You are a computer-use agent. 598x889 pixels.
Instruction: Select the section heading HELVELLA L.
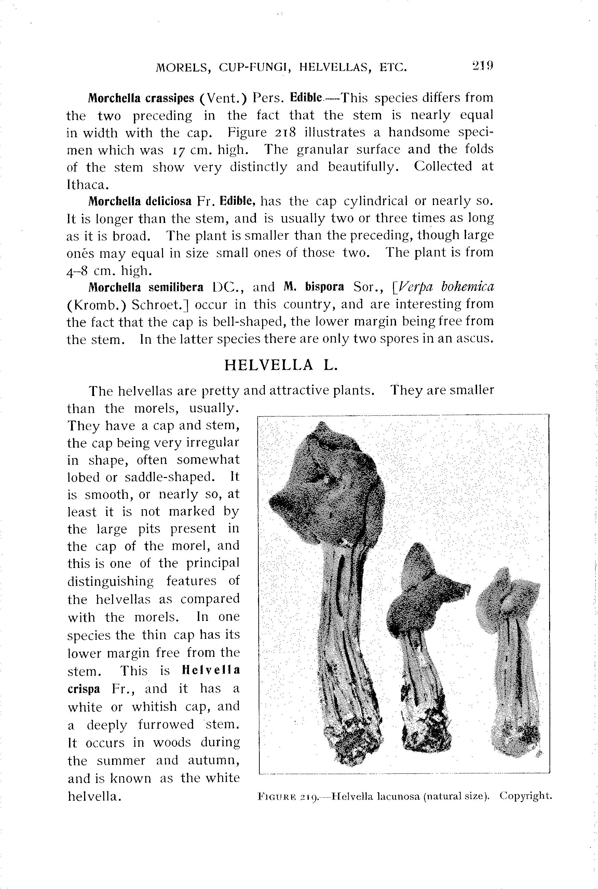(281, 365)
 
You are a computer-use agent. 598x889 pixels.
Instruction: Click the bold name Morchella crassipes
(141, 98)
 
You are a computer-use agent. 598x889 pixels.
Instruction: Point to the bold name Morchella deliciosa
(140, 201)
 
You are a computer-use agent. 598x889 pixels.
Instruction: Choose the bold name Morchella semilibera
(146, 287)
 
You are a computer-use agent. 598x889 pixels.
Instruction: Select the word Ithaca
(88, 185)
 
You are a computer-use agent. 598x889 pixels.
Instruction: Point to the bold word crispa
(84, 689)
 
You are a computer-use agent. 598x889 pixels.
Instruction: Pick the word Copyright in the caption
(526, 796)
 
